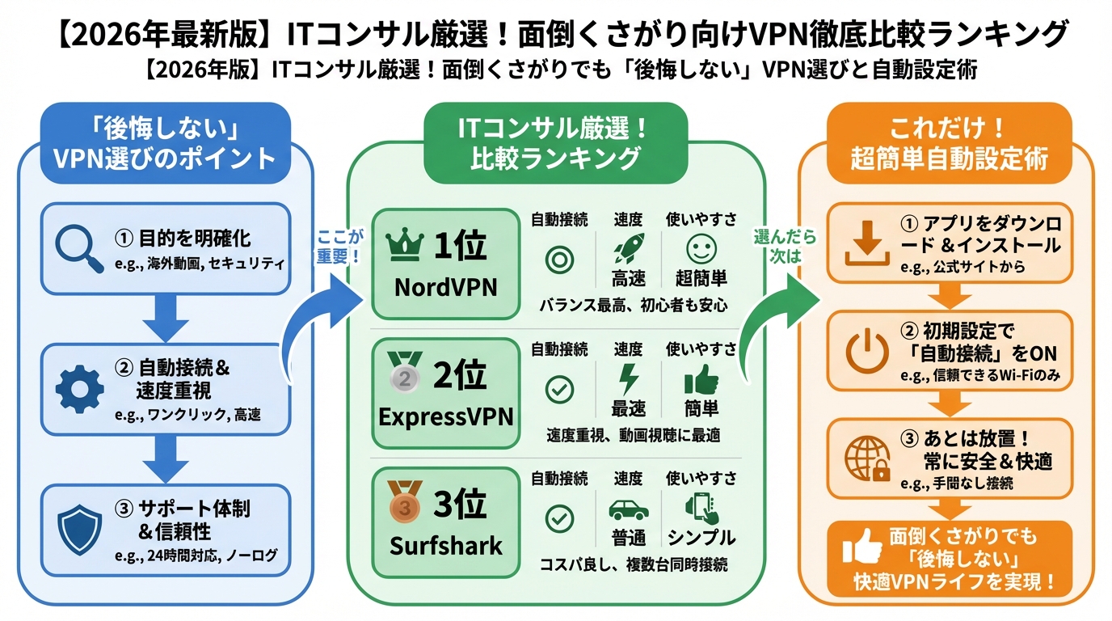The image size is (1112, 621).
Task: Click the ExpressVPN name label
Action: coord(445,416)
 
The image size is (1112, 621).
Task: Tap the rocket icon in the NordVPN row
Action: coord(628,248)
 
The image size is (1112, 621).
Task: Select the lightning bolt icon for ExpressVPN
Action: coord(628,378)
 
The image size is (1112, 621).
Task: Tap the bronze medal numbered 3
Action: coord(405,503)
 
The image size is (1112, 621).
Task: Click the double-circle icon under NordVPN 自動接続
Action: coord(559,258)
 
